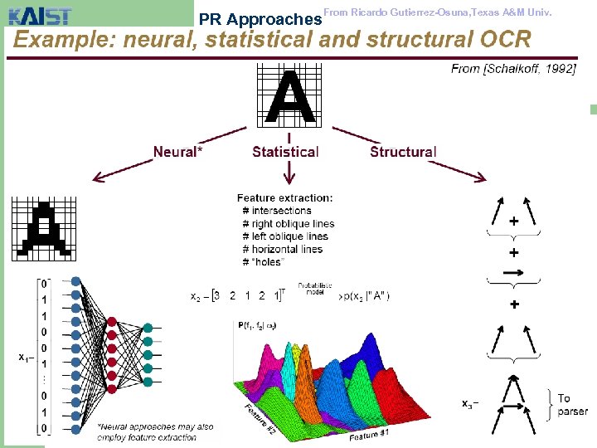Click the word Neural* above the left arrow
point(177,152)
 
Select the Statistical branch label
point(285,152)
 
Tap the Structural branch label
point(403,152)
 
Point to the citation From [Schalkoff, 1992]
point(513,69)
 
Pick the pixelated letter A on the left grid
point(44,227)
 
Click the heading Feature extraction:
point(284,198)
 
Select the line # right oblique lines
point(289,224)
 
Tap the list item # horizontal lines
point(282,249)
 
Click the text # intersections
point(277,211)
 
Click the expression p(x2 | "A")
point(363,296)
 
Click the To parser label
point(571,405)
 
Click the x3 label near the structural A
point(469,404)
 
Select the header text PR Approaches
point(260,18)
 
